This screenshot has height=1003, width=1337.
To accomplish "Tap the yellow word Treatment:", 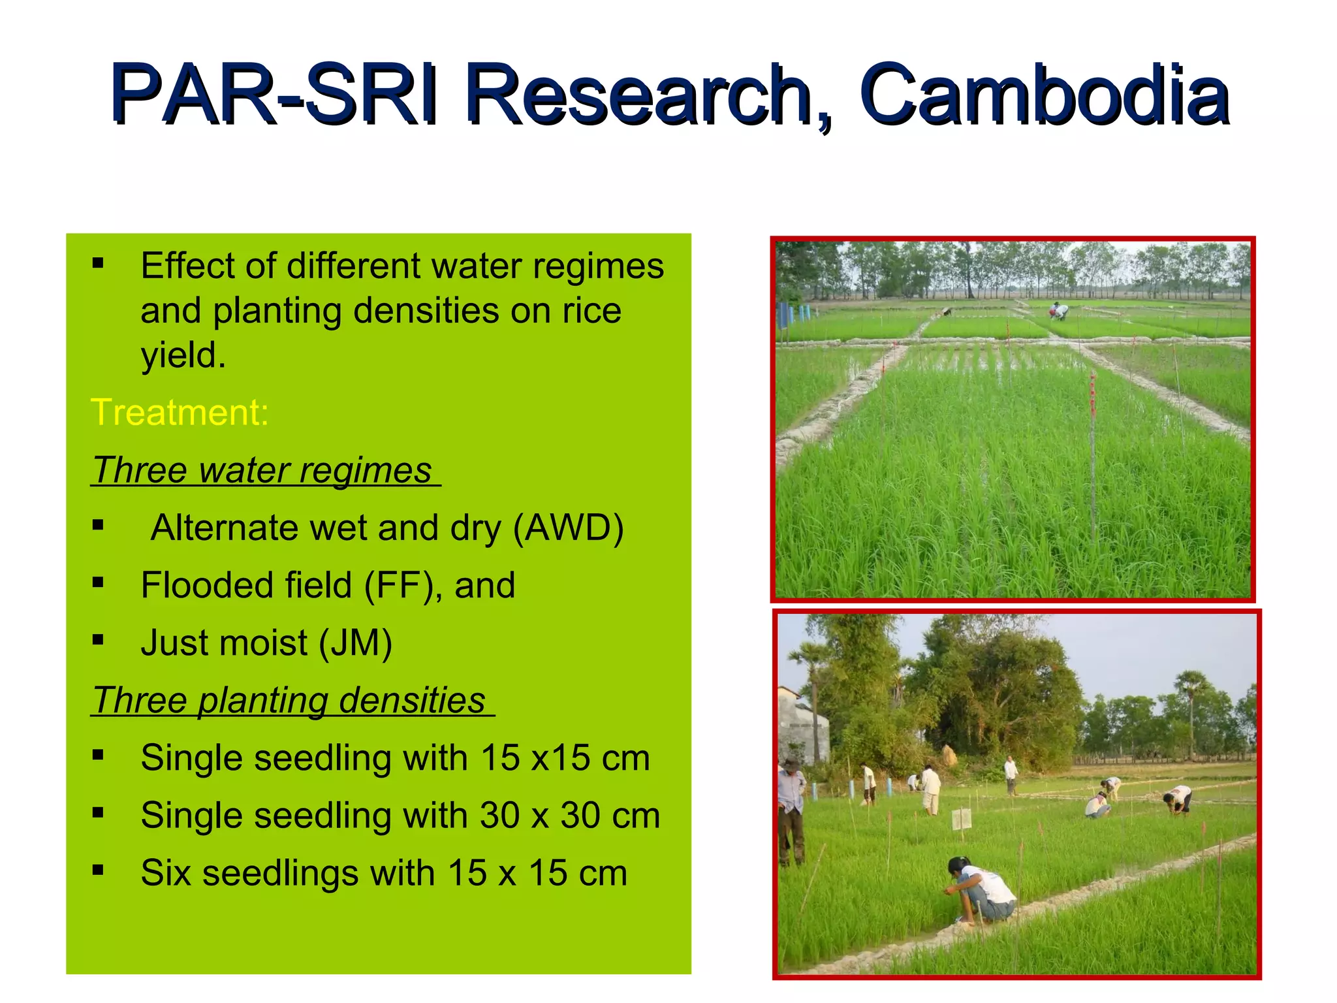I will [180, 413].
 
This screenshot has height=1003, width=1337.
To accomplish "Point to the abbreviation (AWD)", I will [568, 528].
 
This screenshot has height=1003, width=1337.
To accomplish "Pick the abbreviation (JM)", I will [355, 643].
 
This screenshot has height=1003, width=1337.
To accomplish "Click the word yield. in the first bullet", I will [183, 356].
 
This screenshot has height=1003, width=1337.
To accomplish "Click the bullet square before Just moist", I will [98, 640].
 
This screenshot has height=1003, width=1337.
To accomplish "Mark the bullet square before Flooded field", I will [98, 582].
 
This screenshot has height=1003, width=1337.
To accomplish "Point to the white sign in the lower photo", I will [961, 819].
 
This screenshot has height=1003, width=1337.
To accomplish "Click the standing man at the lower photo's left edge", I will [791, 813].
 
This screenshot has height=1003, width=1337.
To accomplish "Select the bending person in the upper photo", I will [1059, 311].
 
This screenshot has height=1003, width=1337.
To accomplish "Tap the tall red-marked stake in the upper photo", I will [1093, 451].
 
